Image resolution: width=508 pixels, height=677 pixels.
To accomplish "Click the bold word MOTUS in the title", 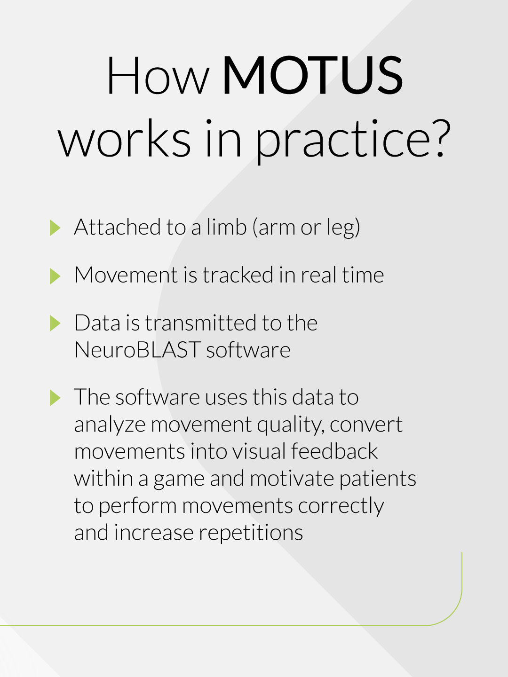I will (312, 76).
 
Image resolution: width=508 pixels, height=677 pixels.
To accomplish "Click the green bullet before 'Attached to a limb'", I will (55, 228).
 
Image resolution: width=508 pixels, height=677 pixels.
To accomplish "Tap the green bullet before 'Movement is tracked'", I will (55, 276).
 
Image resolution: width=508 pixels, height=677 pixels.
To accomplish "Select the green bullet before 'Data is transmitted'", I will (55, 323).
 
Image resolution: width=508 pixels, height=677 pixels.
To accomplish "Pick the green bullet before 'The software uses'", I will (55, 398).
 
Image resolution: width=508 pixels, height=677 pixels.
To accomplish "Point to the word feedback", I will (334, 451).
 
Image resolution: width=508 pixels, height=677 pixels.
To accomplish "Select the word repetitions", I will (251, 533).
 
